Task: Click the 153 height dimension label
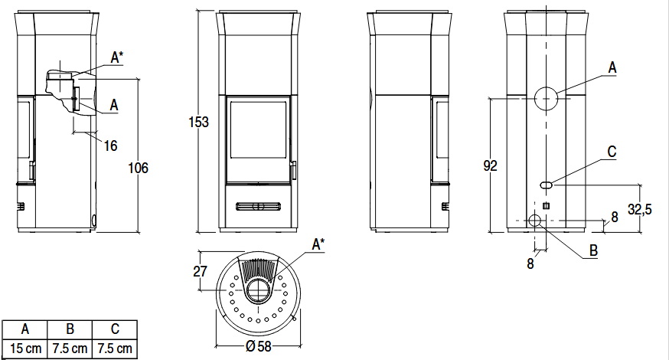(199, 122)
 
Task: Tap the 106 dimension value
(139, 168)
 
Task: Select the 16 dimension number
(110, 146)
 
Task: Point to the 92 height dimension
(490, 165)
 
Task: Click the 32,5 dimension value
(640, 209)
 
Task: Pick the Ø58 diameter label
(259, 346)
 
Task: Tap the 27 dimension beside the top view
(200, 271)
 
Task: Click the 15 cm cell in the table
(25, 349)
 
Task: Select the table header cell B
(70, 329)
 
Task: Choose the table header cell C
(115, 329)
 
